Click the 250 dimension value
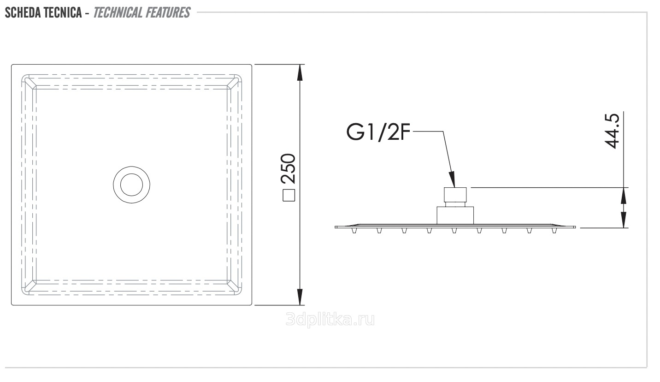coord(288,169)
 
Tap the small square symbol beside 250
coord(289,195)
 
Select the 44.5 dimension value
coord(612,131)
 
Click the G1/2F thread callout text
coord(378,132)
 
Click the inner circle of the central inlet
coord(131,174)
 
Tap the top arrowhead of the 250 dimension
coord(300,72)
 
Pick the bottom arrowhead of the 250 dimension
coord(300,297)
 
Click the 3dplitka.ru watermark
coord(330,320)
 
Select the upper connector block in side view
coord(455,195)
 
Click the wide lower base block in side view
coord(455,215)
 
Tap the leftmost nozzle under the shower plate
coord(354,230)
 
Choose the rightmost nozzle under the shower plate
coord(554,230)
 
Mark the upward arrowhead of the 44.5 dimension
coord(624,196)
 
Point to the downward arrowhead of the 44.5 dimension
coord(624,220)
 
